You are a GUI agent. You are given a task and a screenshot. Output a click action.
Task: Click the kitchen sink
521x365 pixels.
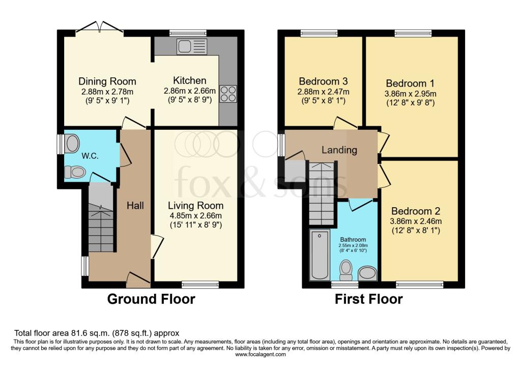pos(192,46)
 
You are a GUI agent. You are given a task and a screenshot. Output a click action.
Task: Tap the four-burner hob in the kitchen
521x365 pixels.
pos(228,94)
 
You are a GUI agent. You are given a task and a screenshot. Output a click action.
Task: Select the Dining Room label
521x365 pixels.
pos(107,81)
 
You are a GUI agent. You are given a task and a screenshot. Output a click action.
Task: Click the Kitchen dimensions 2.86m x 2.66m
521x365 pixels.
pos(190,91)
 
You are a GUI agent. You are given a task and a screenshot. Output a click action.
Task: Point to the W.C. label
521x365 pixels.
pos(90,156)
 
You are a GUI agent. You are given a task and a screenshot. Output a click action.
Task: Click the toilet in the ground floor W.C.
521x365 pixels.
pos(75,172)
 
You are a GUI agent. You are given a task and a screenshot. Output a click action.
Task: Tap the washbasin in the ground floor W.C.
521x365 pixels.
pos(72,144)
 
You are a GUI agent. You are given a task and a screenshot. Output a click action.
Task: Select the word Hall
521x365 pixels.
pos(135,206)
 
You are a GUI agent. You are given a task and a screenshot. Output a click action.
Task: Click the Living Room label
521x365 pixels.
pos(195,206)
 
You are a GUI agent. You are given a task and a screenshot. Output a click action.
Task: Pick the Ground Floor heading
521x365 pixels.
pos(151,299)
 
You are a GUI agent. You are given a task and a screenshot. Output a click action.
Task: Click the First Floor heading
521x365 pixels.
pos(368,299)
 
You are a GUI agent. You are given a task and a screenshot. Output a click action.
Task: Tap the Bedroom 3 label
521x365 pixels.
pos(323,81)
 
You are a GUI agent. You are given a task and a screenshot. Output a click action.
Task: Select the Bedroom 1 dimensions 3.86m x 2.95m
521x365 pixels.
pos(411,94)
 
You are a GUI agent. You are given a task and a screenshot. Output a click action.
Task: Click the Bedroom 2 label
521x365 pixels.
pos(416,211)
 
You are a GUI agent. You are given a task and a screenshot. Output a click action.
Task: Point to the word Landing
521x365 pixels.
pos(339,150)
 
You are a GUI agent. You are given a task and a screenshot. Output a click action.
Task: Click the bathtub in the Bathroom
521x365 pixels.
pos(320,255)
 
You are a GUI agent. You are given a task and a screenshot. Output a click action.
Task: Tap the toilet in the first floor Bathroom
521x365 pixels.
pos(346,270)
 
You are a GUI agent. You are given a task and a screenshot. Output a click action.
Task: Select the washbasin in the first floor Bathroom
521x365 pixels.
pos(367,273)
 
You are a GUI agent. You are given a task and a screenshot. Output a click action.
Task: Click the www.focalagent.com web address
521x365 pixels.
pos(260,354)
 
